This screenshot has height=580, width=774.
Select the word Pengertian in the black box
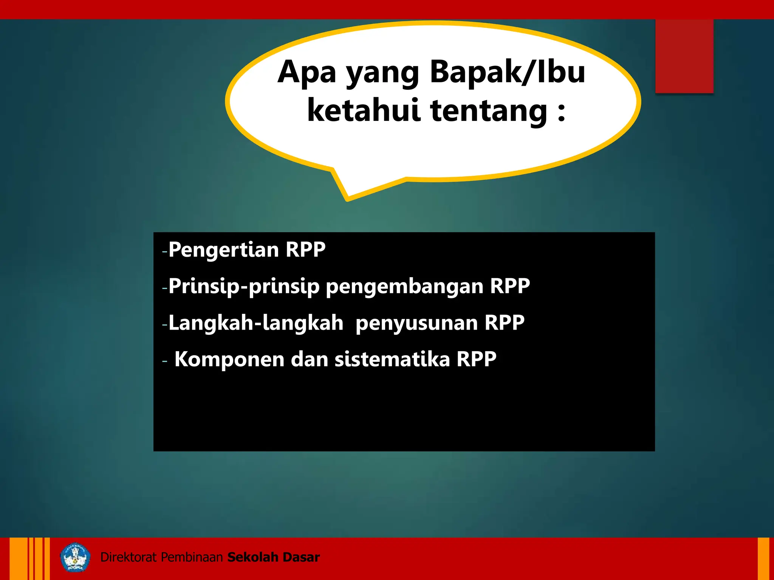pos(223,250)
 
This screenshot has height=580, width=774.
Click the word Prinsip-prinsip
pos(244,286)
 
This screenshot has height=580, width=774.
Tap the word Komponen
pos(229,359)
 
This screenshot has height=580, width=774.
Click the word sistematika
pos(392,359)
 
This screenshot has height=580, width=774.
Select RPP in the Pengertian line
pos(305,250)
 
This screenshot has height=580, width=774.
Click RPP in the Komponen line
pos(476,359)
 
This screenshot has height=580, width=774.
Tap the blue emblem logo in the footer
pos(75,557)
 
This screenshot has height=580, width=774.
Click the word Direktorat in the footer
pos(128,557)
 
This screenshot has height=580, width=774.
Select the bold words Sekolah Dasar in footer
pos(274,557)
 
